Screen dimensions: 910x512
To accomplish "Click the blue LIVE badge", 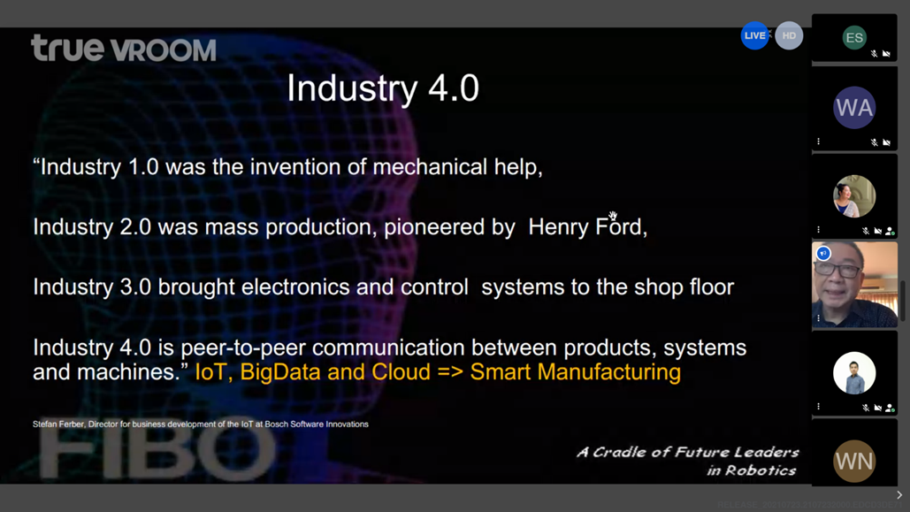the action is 754,35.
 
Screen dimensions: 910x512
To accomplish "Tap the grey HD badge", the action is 789,35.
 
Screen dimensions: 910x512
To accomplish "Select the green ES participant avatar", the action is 854,38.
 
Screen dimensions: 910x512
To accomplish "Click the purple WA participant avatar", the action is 854,107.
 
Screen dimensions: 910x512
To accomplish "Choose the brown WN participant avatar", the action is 854,462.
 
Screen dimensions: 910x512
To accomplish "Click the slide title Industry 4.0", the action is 383,88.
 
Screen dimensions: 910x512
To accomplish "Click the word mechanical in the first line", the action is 430,167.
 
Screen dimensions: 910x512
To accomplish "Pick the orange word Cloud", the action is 401,372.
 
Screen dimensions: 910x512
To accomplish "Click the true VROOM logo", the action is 124,48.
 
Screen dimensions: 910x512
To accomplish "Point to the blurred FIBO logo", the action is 157,454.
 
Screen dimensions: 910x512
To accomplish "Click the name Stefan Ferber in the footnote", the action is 58,424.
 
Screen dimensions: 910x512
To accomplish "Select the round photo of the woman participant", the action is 854,196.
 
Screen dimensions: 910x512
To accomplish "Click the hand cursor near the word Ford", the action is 613,216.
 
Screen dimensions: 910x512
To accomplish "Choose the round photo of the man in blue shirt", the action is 854,373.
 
